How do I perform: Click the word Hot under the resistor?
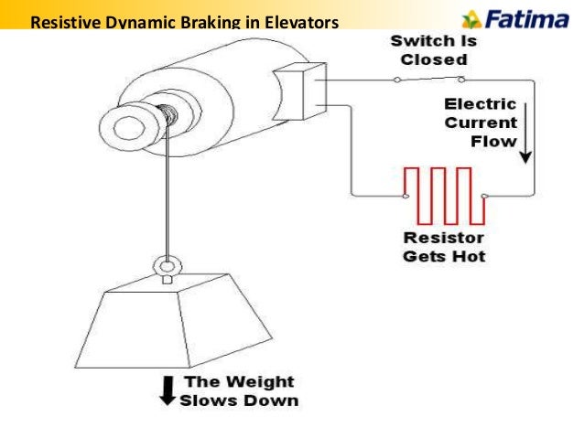tap(468, 255)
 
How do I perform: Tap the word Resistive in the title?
tap(62, 21)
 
